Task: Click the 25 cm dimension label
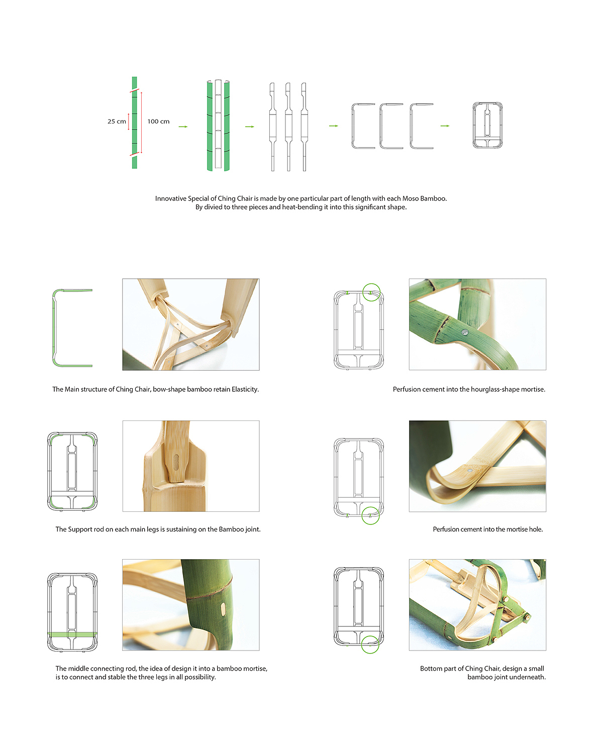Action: tap(117, 121)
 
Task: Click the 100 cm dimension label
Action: tap(158, 121)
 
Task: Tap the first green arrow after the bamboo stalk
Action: tap(183, 127)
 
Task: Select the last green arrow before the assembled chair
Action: tap(445, 126)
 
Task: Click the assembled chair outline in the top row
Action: tap(473, 125)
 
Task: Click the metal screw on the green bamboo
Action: tap(464, 333)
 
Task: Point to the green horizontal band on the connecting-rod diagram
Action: tap(72, 634)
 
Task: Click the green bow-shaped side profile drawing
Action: tap(54, 328)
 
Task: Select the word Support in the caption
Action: tap(80, 529)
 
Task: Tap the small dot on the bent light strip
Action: tap(469, 471)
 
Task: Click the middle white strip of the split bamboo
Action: tap(218, 124)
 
